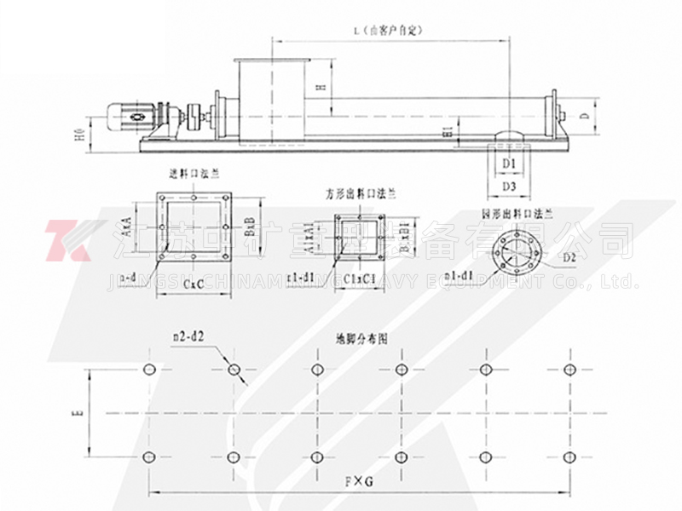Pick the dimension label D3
point(509,185)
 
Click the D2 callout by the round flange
point(569,255)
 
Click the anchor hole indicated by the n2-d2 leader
point(233,370)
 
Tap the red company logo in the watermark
point(68,242)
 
